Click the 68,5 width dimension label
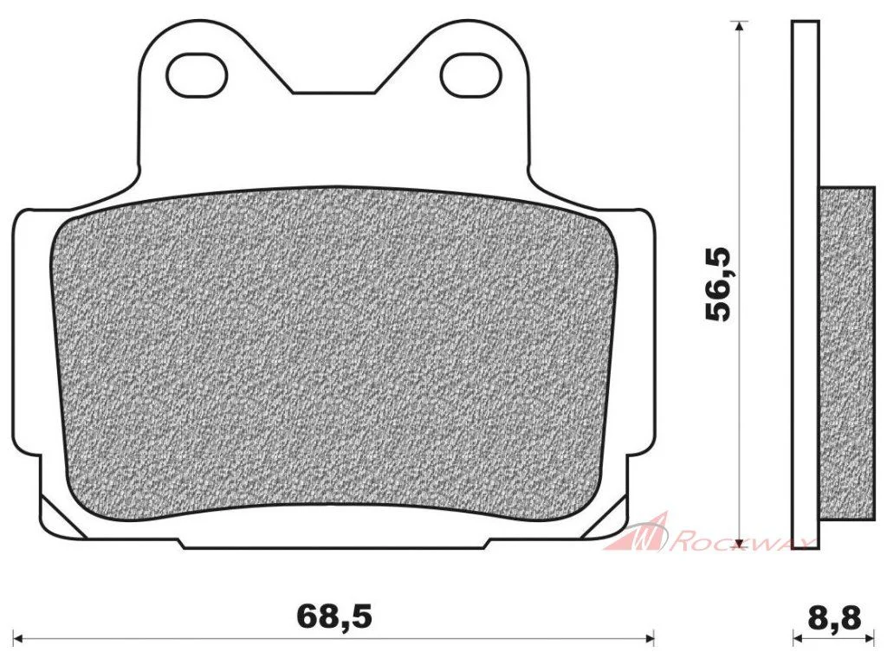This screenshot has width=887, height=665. pyautogui.click(x=334, y=617)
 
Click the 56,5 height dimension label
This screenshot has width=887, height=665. pyautogui.click(x=719, y=284)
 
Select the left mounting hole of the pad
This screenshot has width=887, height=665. pyautogui.click(x=197, y=74)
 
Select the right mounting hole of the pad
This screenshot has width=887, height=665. pyautogui.click(x=470, y=74)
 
